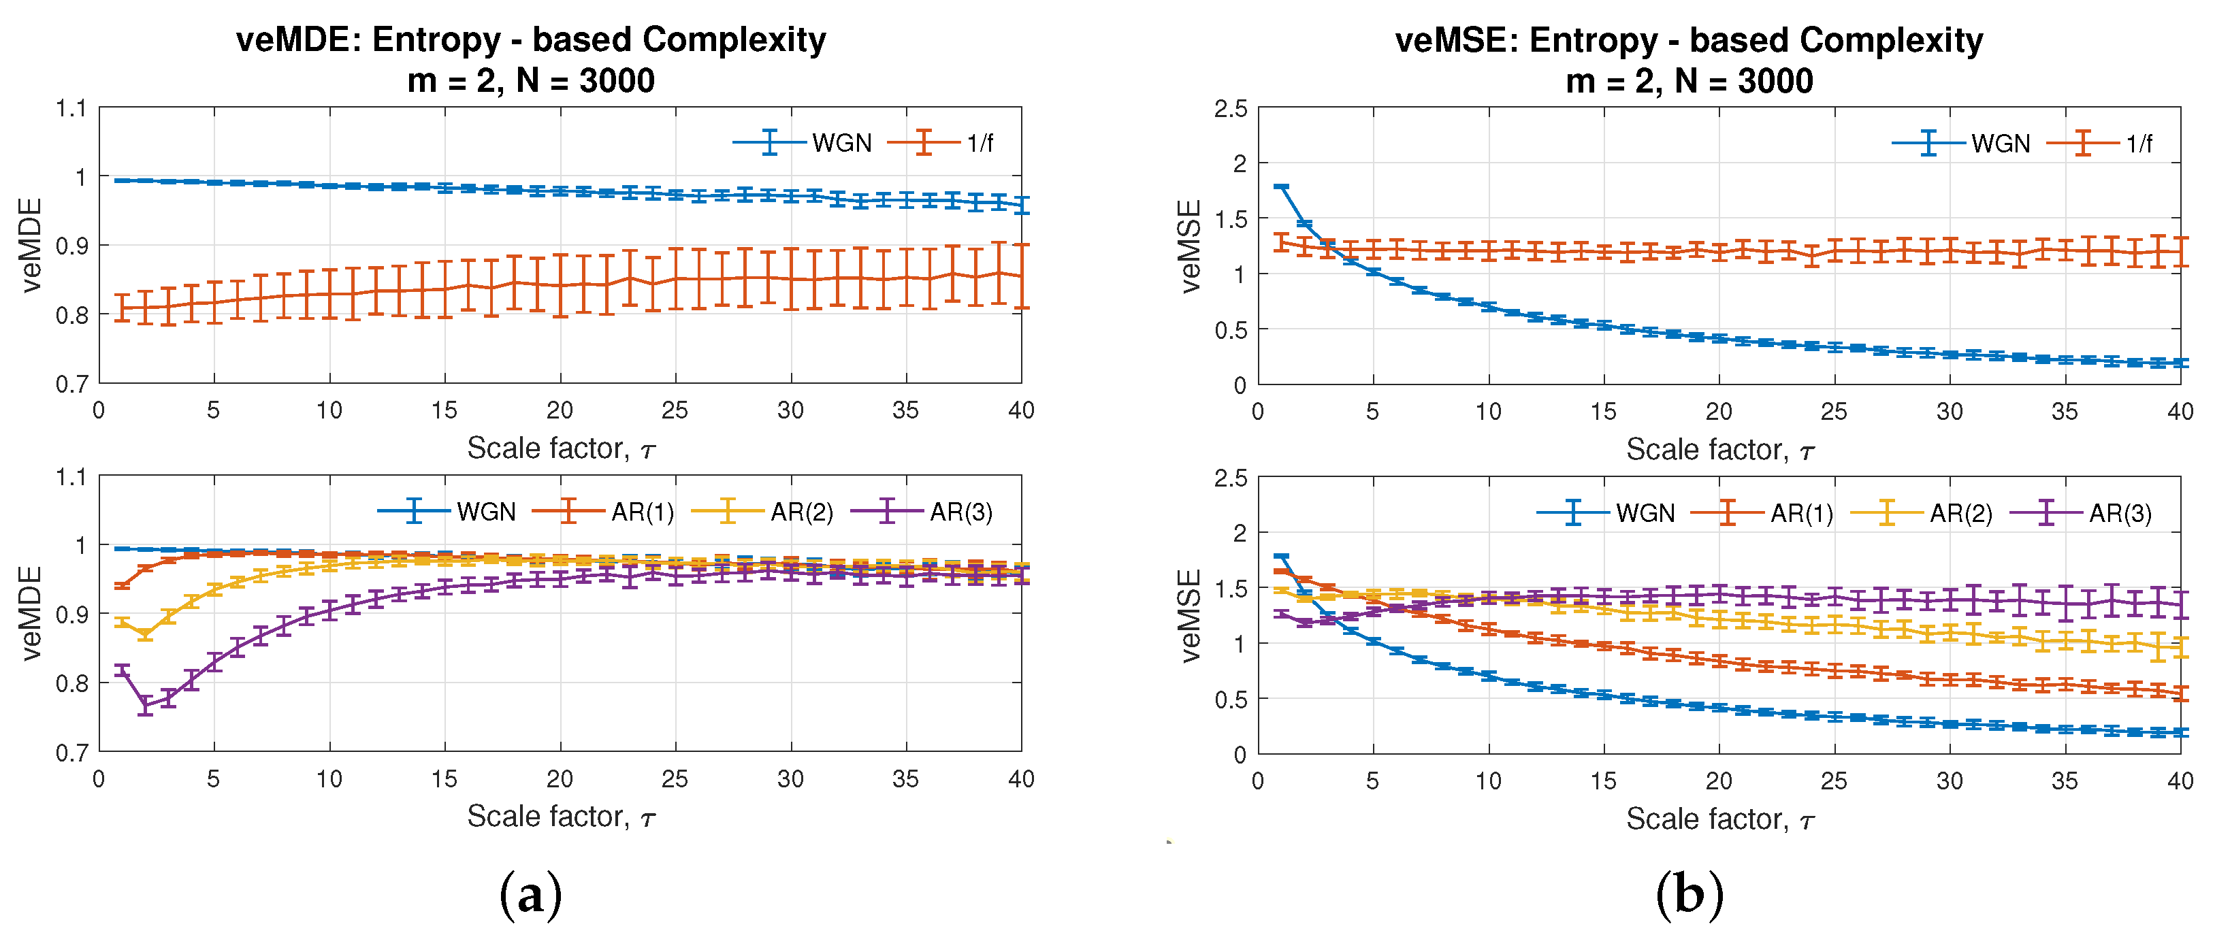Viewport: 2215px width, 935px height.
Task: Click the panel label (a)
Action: pyautogui.click(x=530, y=895)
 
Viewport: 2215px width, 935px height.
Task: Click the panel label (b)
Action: pyautogui.click(x=1689, y=895)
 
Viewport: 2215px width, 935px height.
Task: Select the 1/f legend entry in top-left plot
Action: pyautogui.click(x=980, y=143)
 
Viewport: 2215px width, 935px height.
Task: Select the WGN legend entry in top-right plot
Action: pyautogui.click(x=2000, y=144)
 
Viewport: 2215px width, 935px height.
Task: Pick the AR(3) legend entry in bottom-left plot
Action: pyautogui.click(x=960, y=512)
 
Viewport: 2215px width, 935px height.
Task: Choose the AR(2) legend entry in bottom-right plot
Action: pyautogui.click(x=1960, y=513)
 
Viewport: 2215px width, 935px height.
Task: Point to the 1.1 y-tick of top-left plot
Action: pyautogui.click(x=71, y=108)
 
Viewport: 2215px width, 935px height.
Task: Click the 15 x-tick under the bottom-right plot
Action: pyautogui.click(x=1603, y=781)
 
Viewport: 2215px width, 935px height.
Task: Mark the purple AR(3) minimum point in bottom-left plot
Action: pyautogui.click(x=145, y=705)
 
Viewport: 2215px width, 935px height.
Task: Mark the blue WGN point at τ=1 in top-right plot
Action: pyautogui.click(x=1281, y=186)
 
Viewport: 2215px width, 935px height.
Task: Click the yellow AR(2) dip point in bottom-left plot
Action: pyautogui.click(x=145, y=634)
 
